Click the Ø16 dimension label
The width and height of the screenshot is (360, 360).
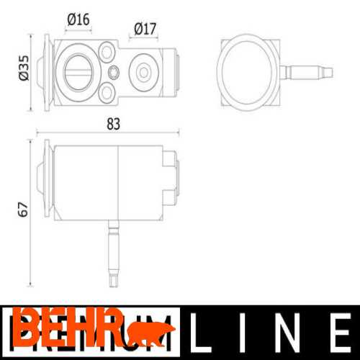(78, 19)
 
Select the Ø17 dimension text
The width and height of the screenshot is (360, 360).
(145, 30)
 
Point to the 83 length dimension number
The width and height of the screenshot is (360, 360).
(113, 123)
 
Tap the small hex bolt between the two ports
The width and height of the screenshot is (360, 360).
(114, 72)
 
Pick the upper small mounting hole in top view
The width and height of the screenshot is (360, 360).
(107, 52)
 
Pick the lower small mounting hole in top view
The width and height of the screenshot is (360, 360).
(107, 92)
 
